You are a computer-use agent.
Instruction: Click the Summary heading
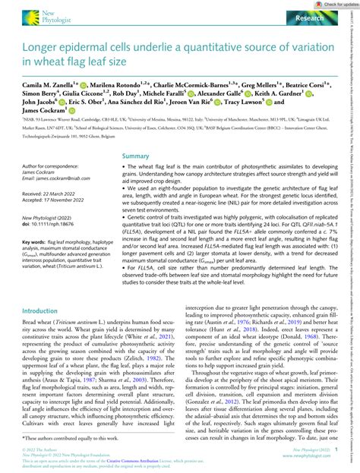point(137,177)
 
